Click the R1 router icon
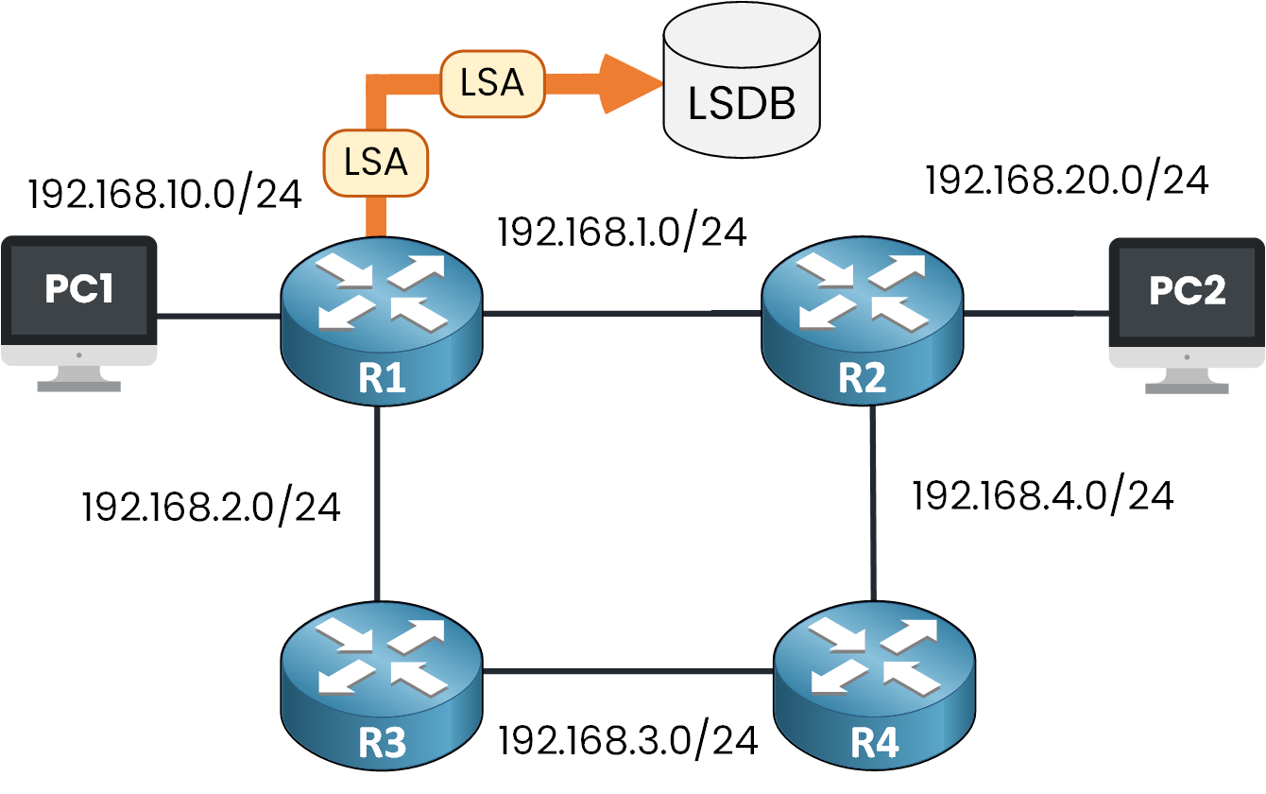(381, 316)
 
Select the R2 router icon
(863, 316)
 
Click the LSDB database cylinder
(741, 90)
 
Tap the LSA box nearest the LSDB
(493, 83)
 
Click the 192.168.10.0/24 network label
(165, 194)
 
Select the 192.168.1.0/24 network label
(623, 232)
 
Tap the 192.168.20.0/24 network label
(1067, 180)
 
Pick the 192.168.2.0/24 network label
(211, 507)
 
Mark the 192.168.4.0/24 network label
(1042, 495)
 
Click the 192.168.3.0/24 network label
(628, 740)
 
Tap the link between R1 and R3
(377, 501)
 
